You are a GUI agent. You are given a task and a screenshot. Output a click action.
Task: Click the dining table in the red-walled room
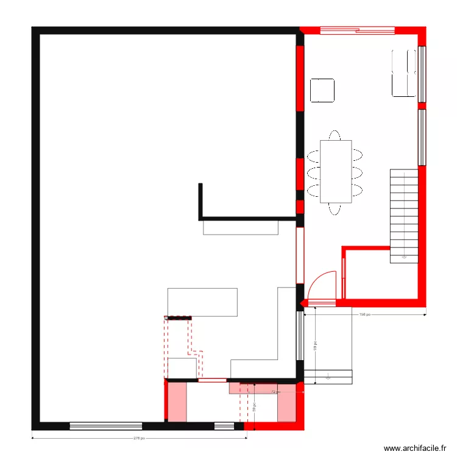coord(336,171)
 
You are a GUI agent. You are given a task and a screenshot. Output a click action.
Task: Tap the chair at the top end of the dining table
coord(335,135)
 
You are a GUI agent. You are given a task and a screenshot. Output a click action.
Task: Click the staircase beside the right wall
coord(404,216)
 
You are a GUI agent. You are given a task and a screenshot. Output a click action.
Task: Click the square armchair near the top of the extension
coord(322,90)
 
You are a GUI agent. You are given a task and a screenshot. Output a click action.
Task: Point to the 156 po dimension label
coord(364,315)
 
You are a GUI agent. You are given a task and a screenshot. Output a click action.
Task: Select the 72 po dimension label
coord(275,392)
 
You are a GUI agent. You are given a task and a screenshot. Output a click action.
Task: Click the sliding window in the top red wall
coord(357,29)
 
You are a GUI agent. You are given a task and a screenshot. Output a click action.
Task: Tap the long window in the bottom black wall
coord(105,426)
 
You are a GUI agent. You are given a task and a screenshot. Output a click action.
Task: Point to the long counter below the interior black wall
coord(241,227)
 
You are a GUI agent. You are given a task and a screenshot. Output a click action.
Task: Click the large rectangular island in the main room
coord(202,302)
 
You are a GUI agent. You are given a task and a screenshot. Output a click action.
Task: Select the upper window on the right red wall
coord(421,74)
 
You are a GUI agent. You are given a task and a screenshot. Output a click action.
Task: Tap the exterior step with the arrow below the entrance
coord(328,377)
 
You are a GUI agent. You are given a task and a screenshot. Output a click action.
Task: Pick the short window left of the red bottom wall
coord(224,426)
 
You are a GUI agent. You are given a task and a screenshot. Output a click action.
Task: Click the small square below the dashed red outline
coord(182,368)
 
